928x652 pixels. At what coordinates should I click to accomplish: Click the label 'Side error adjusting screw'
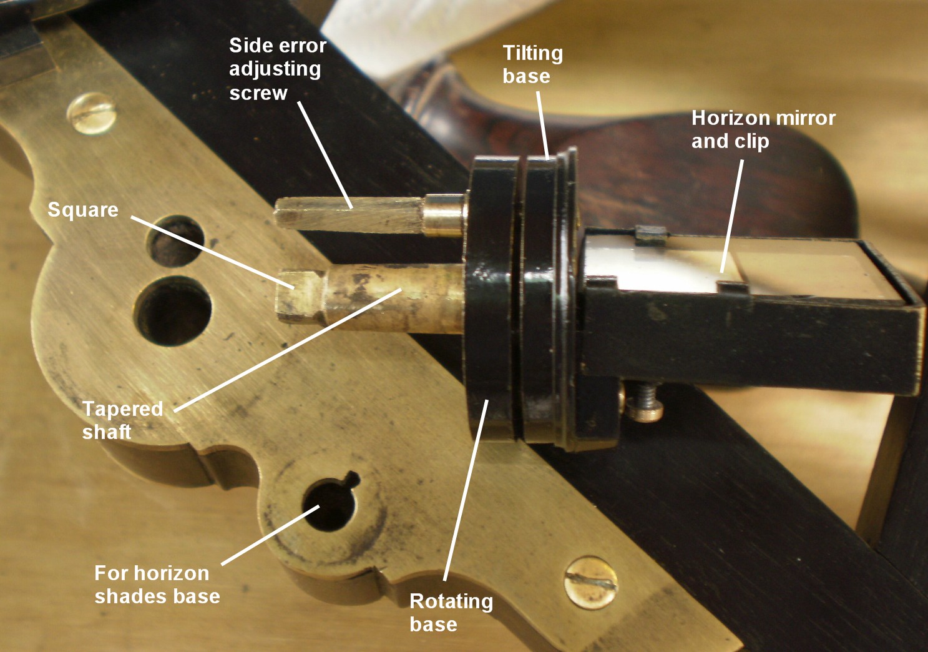click(x=278, y=69)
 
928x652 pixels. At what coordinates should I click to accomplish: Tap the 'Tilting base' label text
click(x=533, y=65)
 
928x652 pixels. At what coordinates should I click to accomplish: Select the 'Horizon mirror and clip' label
click(x=763, y=129)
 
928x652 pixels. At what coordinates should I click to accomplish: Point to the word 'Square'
click(x=83, y=210)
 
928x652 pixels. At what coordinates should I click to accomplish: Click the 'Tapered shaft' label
click(x=122, y=420)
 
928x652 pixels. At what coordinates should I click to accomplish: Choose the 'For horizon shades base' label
click(x=157, y=585)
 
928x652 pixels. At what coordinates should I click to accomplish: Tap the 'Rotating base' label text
click(x=451, y=613)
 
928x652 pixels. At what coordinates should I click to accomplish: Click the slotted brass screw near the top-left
click(x=90, y=114)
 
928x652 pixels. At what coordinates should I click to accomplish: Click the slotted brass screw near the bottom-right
click(x=591, y=582)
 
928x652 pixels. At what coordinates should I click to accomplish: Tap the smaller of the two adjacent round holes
click(x=175, y=240)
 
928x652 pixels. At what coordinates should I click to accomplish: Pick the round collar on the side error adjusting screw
click(x=444, y=215)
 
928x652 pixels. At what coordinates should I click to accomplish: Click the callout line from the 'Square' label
click(x=213, y=252)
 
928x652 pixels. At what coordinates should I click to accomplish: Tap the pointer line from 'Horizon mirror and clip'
click(x=731, y=216)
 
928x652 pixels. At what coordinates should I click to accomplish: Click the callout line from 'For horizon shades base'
click(x=270, y=535)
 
